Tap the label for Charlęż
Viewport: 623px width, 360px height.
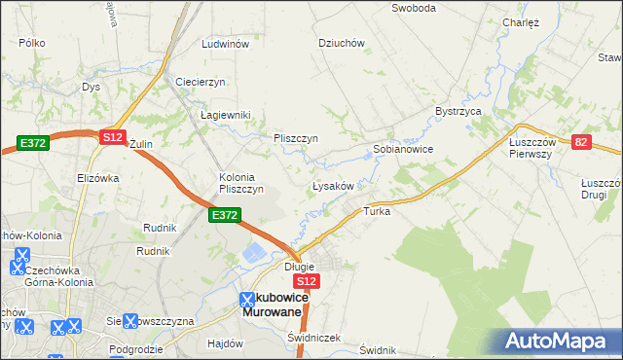pos(521,22)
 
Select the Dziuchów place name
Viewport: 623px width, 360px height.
pos(341,43)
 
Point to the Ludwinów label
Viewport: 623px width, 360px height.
pos(226,45)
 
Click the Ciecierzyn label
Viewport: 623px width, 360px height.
pos(201,82)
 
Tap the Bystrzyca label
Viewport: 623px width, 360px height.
pos(459,112)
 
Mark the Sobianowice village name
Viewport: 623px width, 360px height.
pos(403,150)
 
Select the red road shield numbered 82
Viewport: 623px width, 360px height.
pos(582,142)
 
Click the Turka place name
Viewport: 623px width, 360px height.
pos(377,211)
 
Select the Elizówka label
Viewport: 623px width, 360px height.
pos(97,178)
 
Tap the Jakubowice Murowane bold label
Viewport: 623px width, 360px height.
pos(275,304)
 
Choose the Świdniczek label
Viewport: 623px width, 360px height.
pos(314,338)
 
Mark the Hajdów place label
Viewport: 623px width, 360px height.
pos(225,343)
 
